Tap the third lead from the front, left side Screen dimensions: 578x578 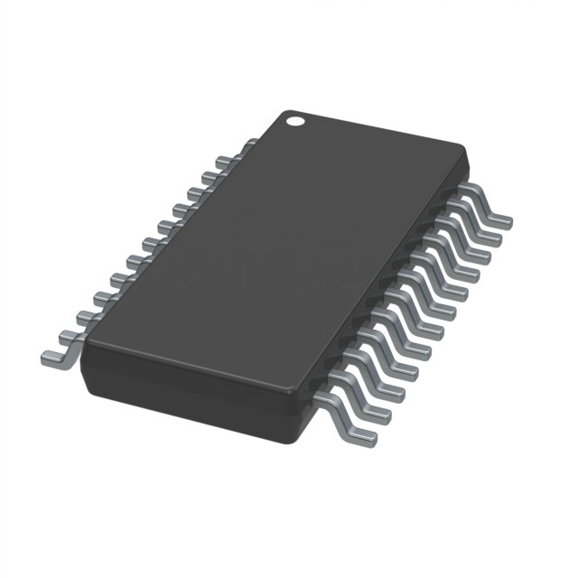88,315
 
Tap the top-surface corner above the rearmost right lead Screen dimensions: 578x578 465,149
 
